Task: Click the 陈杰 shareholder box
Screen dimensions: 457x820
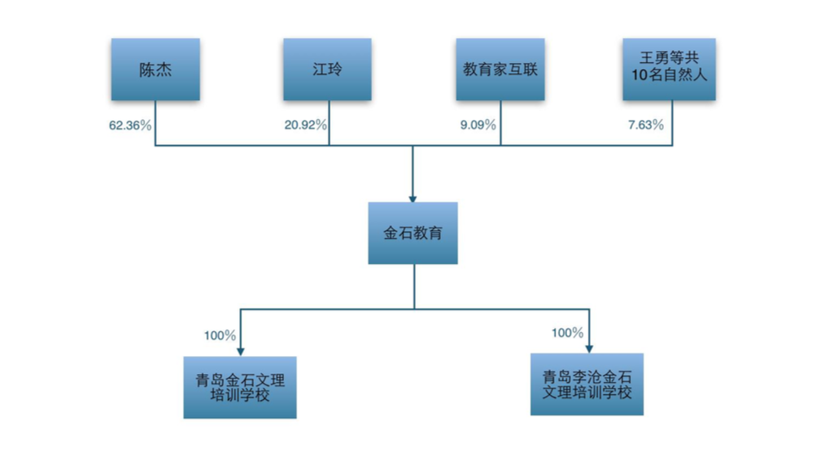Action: [x=155, y=69]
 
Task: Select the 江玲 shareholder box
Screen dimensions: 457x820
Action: [x=328, y=69]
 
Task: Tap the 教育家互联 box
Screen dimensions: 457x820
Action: [x=501, y=69]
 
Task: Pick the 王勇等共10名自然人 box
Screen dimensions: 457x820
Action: [x=672, y=69]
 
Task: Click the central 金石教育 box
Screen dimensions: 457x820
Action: [x=413, y=233]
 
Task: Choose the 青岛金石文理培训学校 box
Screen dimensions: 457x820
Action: [x=240, y=387]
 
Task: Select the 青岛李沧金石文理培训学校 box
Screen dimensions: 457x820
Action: [x=587, y=384]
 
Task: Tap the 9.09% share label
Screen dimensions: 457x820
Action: [x=478, y=125]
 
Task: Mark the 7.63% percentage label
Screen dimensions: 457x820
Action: [x=646, y=125]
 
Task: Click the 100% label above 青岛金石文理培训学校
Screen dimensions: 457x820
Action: [x=220, y=335]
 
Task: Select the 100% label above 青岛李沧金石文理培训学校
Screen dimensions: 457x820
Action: [x=567, y=332]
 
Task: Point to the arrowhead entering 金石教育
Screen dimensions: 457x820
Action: [x=413, y=197]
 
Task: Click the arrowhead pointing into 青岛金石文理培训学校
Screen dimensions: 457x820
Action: [x=240, y=351]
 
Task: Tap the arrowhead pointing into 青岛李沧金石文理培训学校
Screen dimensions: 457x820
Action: [x=588, y=347]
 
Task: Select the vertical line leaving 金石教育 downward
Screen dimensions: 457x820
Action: [x=413, y=285]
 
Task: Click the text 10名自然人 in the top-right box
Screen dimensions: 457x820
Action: [x=672, y=78]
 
